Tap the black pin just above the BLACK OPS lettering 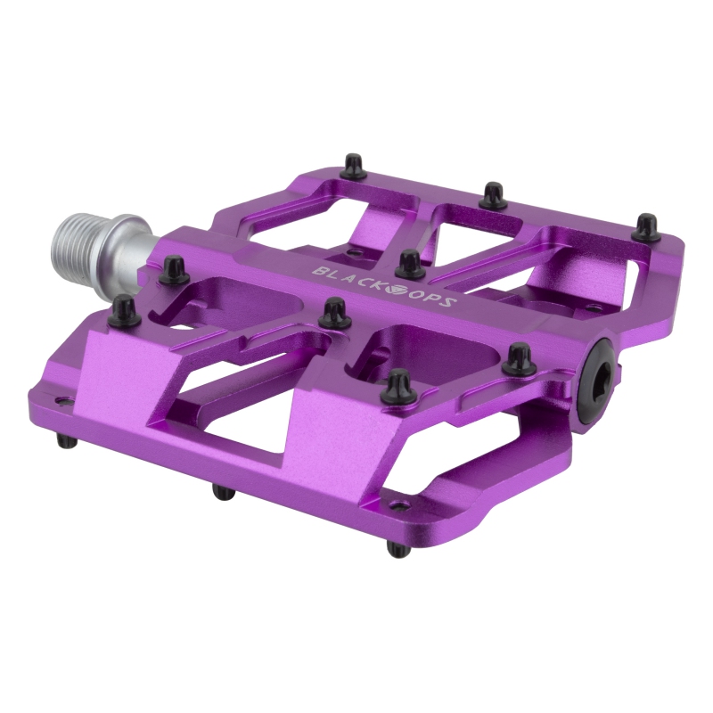[409, 264]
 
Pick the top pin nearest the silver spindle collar [170, 267]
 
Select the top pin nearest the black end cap [516, 360]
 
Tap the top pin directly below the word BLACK [334, 312]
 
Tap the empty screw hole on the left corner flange [61, 402]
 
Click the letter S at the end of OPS [450, 305]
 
